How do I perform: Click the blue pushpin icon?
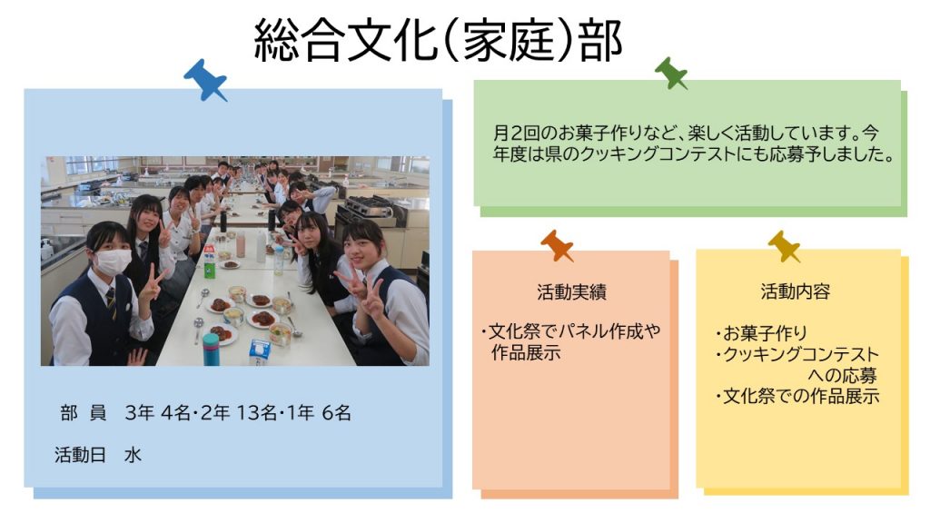point(205,80)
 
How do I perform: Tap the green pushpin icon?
point(671,74)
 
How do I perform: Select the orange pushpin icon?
point(557,245)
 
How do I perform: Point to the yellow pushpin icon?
point(785,246)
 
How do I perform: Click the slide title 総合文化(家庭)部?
point(439,40)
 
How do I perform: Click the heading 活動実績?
point(571,291)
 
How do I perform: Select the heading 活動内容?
point(796,291)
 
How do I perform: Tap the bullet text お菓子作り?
point(765,332)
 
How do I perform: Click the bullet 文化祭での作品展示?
point(801,396)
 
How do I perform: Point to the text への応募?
point(842,375)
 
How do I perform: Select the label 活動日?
point(80,455)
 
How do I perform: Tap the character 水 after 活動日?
point(133,455)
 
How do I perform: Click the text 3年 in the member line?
point(139,413)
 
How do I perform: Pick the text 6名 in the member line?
point(336,413)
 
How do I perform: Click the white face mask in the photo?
point(113,261)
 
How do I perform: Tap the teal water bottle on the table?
point(211,349)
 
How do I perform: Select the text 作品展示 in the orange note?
point(526,353)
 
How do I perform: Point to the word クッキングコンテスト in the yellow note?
point(801,354)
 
